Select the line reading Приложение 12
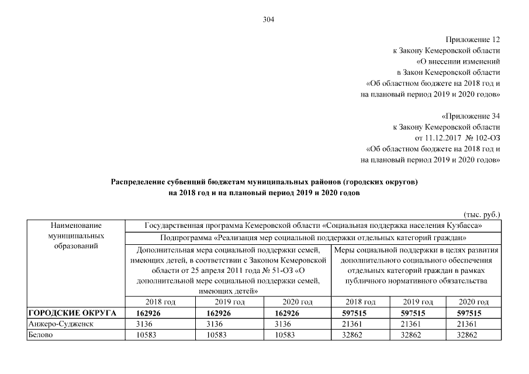coord(473,40)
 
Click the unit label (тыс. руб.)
coord(482,214)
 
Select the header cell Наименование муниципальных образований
coord(76,236)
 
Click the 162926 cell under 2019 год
coord(230,313)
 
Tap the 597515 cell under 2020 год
coord(474,313)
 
